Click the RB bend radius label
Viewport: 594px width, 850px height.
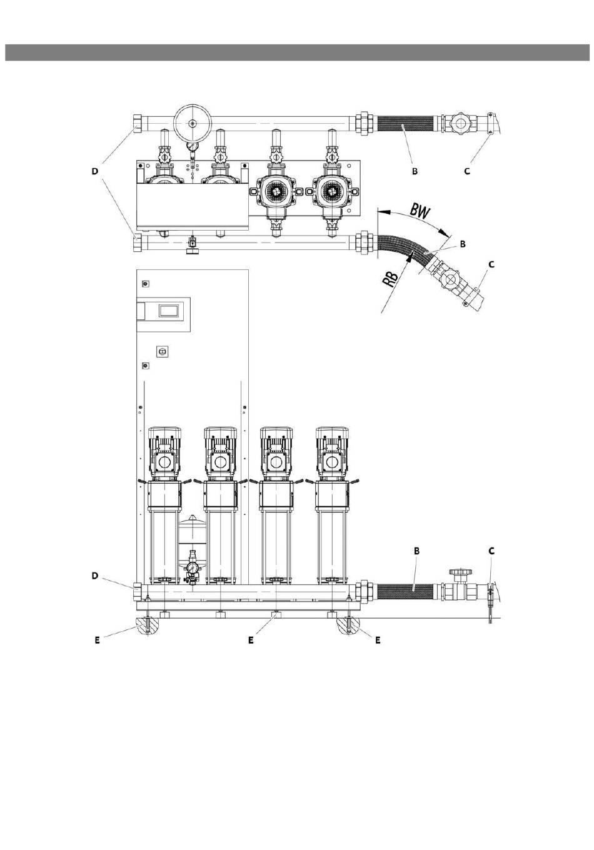tap(390, 279)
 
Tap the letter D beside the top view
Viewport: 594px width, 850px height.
tap(94, 171)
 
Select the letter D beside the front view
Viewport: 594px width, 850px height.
tap(94, 576)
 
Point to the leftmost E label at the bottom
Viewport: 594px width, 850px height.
tap(97, 640)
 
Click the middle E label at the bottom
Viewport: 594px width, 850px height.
tap(251, 640)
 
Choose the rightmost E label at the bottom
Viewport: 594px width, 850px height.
tap(378, 640)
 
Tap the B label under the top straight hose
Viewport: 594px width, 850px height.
tap(415, 171)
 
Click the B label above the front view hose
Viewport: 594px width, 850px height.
tap(416, 551)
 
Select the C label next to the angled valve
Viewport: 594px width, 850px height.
tap(491, 264)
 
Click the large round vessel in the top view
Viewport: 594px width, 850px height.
tap(193, 122)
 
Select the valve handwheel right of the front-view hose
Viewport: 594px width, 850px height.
tap(460, 572)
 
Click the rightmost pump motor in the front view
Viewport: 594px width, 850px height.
tap(332, 454)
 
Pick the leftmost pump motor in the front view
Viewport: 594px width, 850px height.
tap(164, 454)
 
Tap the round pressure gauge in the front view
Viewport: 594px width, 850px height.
tap(193, 568)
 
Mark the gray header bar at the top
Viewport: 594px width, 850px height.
tap(297, 52)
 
